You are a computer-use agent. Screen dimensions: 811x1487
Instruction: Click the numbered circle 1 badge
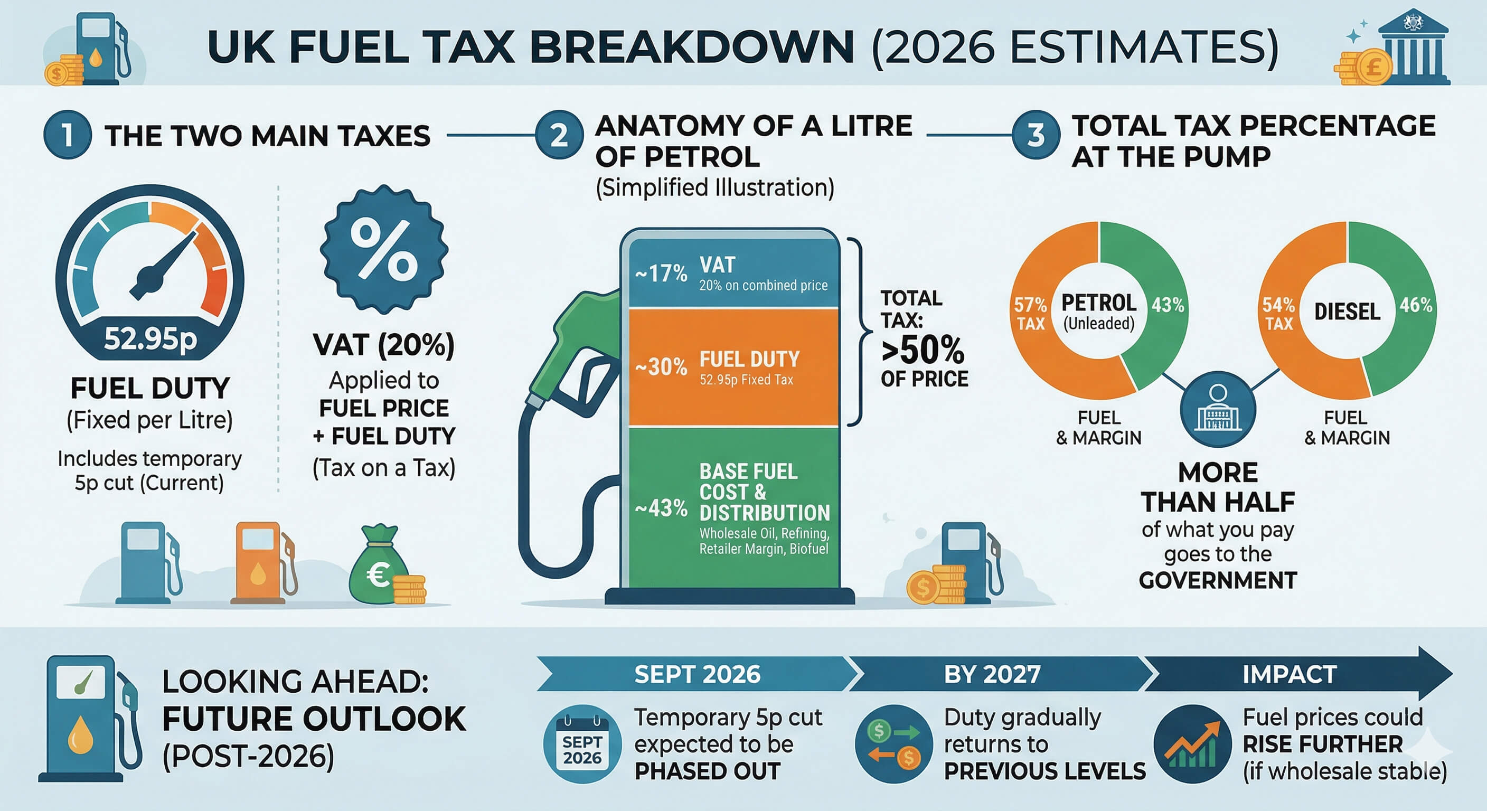[68, 135]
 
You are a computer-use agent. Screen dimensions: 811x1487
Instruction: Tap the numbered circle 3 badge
[1036, 135]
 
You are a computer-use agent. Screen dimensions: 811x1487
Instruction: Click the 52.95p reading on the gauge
[150, 338]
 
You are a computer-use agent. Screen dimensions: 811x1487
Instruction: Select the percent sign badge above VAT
[384, 249]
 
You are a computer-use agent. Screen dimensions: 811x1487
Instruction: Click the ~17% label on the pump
[661, 273]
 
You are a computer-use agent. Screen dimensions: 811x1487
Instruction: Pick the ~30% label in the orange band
[661, 366]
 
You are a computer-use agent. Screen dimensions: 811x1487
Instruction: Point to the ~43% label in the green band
[661, 508]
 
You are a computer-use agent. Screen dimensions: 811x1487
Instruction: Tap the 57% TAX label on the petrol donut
[1030, 314]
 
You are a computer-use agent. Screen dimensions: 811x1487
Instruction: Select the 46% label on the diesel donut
[1415, 305]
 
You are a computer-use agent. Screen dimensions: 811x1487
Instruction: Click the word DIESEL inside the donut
[1347, 312]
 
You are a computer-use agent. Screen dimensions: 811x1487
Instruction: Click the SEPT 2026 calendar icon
[582, 744]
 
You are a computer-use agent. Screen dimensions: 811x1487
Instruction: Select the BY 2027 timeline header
[992, 674]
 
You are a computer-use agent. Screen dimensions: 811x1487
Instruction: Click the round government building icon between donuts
[1218, 409]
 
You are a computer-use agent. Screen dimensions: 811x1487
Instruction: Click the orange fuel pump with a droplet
[260, 562]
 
